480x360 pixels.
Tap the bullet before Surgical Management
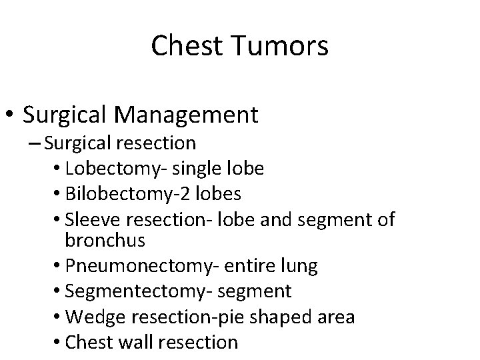11,115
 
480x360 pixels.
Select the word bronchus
101,239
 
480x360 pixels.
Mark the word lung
299,266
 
